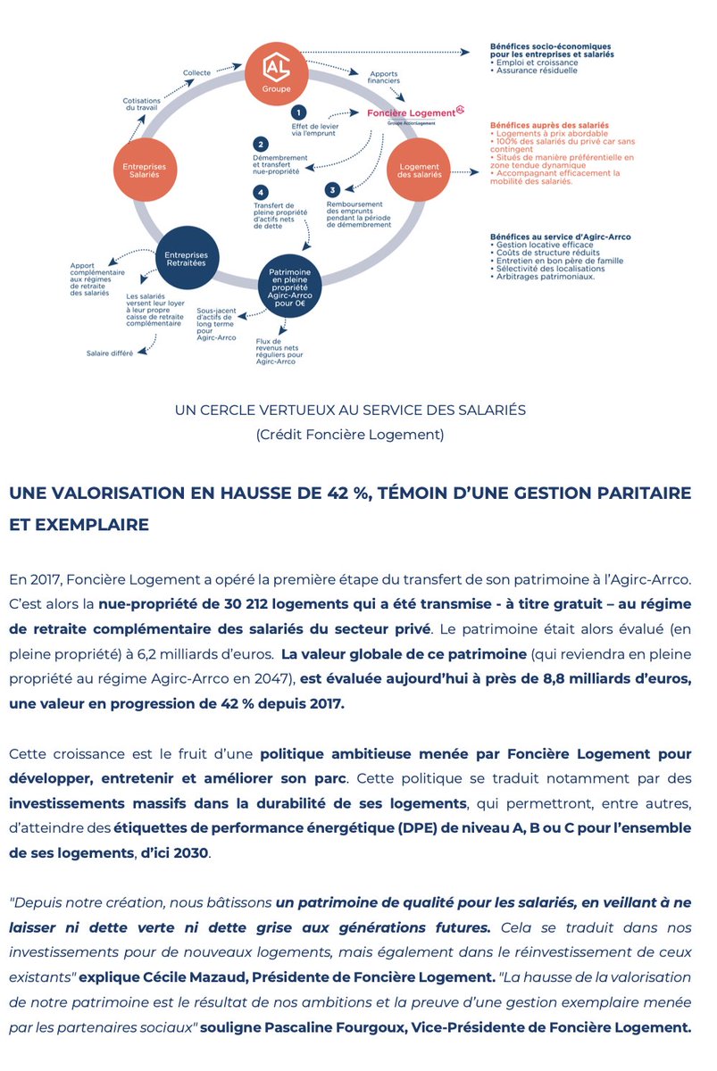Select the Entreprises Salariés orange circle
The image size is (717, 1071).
(145, 168)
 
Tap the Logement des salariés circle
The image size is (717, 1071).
(419, 169)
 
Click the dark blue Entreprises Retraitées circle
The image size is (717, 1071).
(187, 260)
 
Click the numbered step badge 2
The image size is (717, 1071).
(261, 145)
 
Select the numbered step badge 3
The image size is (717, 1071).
(332, 189)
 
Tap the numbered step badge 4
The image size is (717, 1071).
(261, 192)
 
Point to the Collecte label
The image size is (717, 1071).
(197, 72)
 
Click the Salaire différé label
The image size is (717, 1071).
(110, 353)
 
